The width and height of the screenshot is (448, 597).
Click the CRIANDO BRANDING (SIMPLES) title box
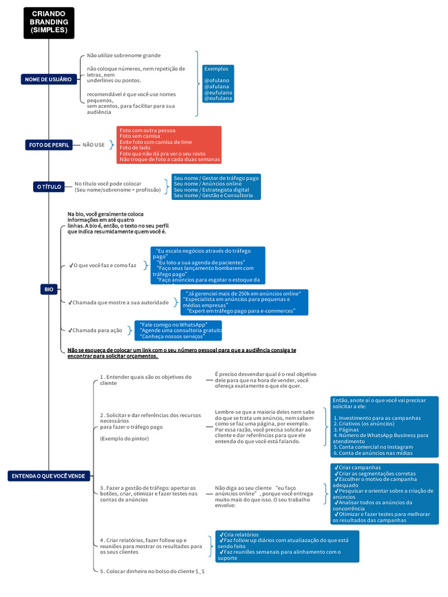(x=49, y=23)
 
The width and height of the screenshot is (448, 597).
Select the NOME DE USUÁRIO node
(x=48, y=79)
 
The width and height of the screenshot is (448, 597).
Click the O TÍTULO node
(x=48, y=187)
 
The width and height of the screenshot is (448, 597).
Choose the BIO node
(x=49, y=289)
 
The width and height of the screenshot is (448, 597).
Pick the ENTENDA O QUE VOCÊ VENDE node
(x=48, y=476)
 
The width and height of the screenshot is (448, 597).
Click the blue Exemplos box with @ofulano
(x=218, y=83)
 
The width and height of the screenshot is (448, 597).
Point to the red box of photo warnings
(x=169, y=145)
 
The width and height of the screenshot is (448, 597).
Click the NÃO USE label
(x=93, y=145)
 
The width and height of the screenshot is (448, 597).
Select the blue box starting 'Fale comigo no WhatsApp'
(x=178, y=331)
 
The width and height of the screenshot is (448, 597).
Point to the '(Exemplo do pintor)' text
(x=124, y=438)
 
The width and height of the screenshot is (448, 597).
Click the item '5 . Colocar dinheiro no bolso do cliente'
(x=152, y=571)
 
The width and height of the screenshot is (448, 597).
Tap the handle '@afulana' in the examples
(x=217, y=86)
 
